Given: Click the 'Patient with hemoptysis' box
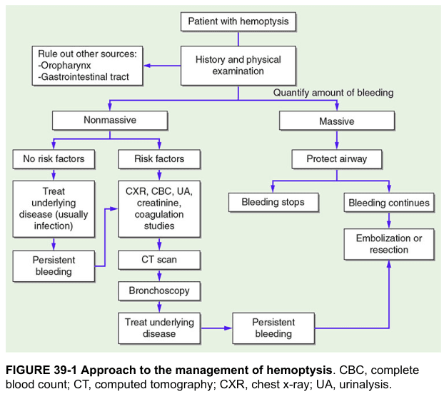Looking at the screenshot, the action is coord(238,21).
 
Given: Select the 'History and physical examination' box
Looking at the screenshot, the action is coord(238,66).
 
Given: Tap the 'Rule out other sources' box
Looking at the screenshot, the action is coord(87,66).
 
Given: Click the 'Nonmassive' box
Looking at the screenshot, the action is coord(110,121).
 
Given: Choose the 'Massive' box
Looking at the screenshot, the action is coord(337,121).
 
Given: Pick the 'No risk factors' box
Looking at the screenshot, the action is coord(54,159).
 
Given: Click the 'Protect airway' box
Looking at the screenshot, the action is coord(337,159).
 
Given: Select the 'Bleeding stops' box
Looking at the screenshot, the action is coord(273,203).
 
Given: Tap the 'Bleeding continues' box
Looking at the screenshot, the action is coord(389,203).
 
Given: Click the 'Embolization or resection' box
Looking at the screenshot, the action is coord(389,244).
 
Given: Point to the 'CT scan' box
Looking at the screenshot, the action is coord(159,260).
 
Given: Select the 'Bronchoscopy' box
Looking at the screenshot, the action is coord(159,291).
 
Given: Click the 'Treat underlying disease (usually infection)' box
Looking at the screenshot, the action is coord(54,209).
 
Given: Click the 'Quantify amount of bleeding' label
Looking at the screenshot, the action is coord(333,93).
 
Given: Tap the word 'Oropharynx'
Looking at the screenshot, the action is coord(66,66).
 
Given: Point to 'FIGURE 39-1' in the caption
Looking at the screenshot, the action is coord(41,370).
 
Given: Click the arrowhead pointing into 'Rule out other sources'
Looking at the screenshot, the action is coord(147,66).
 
